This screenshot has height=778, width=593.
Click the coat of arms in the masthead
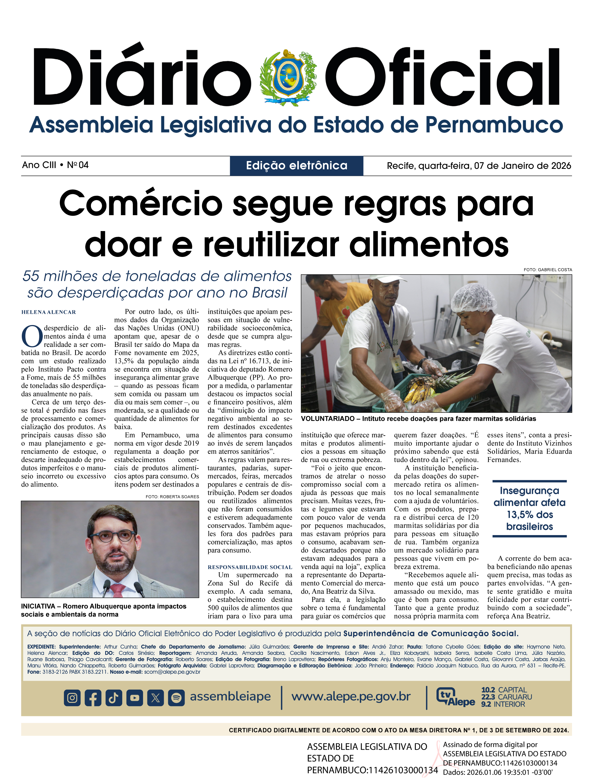[x=288, y=77]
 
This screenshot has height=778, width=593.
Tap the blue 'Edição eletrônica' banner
[x=296, y=165]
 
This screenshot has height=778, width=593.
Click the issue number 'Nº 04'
[x=78, y=165]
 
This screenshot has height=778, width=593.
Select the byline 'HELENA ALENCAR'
[x=49, y=312]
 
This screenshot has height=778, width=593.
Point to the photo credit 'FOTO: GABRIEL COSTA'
[x=548, y=270]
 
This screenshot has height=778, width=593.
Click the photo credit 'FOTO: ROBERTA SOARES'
[x=172, y=496]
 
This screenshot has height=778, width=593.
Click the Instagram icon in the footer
[x=72, y=698]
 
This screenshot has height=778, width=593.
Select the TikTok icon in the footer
[x=114, y=698]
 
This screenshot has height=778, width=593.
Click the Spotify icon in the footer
[x=176, y=698]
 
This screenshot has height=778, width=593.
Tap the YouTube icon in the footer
[x=135, y=698]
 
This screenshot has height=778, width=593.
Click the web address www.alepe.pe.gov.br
[x=351, y=696]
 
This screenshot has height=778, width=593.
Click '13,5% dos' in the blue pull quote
[x=530, y=514]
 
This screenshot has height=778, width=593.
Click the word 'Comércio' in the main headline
[x=140, y=204]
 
